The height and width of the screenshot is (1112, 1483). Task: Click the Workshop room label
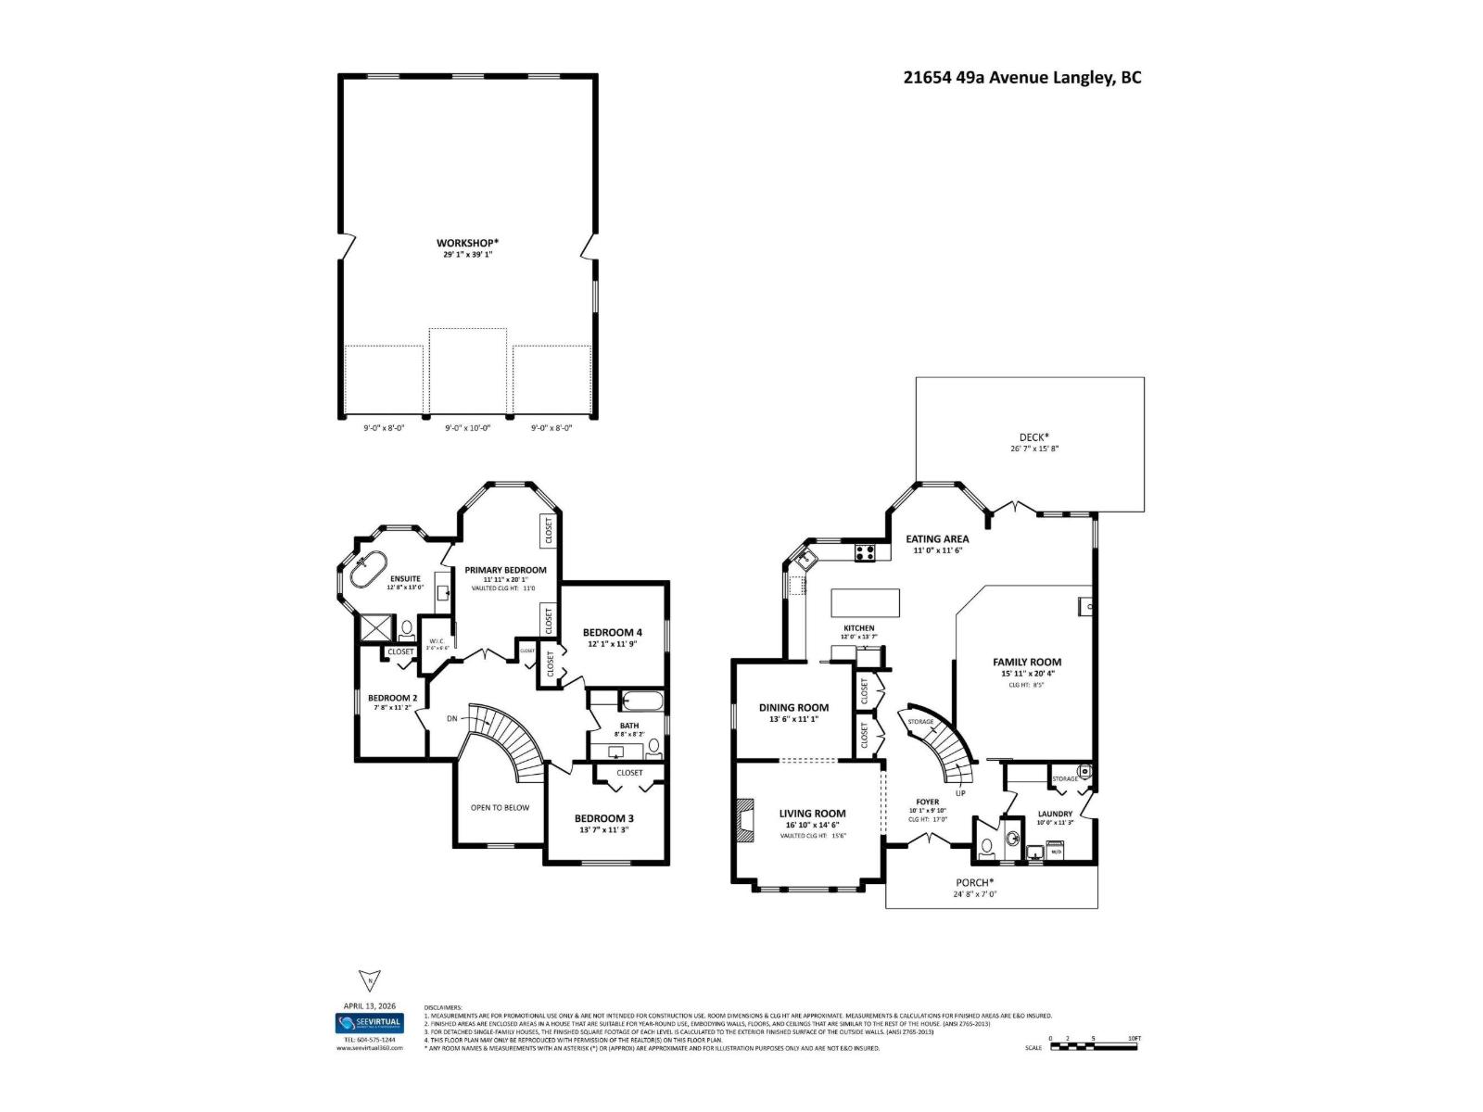(468, 243)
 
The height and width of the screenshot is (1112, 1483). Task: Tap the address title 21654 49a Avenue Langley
(1022, 78)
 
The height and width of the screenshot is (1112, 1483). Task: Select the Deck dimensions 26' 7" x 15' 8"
(1034, 449)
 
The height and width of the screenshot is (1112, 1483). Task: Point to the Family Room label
(1027, 663)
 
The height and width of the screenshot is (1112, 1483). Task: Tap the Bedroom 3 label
(604, 818)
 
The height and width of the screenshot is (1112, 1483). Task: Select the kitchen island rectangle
(865, 602)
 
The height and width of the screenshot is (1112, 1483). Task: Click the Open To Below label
(500, 807)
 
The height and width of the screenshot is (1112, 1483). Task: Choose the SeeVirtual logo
(369, 1023)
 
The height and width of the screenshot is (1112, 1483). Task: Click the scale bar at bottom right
(1094, 1046)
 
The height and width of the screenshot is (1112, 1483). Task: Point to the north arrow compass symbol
(369, 980)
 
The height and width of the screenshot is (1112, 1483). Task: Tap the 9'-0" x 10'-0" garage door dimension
(467, 428)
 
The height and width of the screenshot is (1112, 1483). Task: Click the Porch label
(974, 882)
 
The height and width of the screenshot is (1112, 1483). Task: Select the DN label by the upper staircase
(451, 718)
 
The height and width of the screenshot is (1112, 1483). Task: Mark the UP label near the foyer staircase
(960, 792)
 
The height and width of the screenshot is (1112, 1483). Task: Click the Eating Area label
(937, 538)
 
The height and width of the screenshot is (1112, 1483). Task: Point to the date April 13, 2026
(369, 1005)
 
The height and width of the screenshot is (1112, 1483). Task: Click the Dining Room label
(793, 707)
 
